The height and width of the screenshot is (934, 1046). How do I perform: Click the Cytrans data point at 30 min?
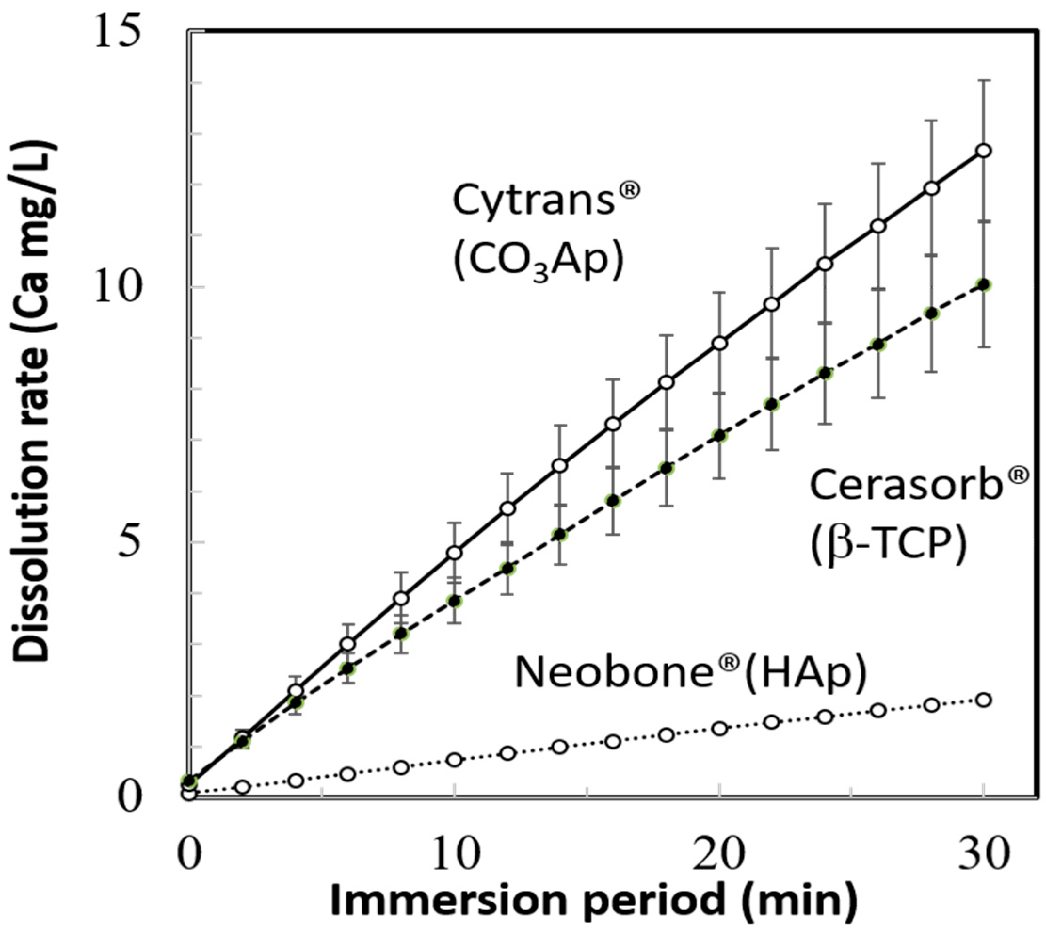pyautogui.click(x=983, y=150)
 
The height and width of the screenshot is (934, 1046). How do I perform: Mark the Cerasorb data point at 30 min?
pyautogui.click(x=983, y=285)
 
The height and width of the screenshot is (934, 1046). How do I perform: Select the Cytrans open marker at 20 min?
pyautogui.click(x=720, y=343)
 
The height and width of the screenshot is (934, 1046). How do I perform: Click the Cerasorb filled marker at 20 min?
pyautogui.click(x=720, y=436)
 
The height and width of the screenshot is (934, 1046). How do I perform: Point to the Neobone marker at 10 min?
pyautogui.click(x=454, y=760)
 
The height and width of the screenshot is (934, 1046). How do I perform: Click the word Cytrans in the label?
pyautogui.click(x=534, y=200)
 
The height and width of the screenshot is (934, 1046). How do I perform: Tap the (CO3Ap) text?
pyautogui.click(x=538, y=262)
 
